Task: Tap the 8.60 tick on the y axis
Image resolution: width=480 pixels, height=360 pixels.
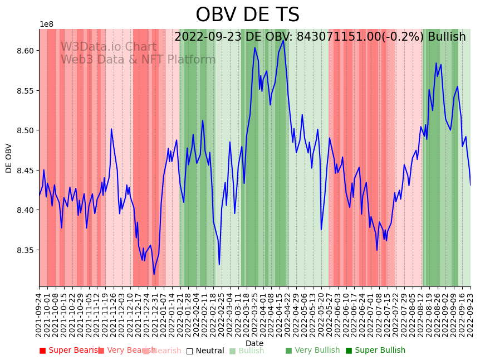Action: click(x=25, y=51)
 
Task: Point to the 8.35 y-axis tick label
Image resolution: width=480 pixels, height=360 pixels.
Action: click(x=25, y=250)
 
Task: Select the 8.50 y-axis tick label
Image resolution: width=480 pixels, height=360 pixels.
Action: click(x=25, y=130)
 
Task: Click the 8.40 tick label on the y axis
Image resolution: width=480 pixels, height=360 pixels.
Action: click(x=25, y=210)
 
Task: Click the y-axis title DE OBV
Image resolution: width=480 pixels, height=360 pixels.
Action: click(x=9, y=158)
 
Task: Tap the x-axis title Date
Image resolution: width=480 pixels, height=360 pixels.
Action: click(x=254, y=343)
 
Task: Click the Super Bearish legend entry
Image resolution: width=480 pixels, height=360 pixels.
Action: click(x=67, y=351)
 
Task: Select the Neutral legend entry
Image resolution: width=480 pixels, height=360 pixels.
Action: click(x=205, y=351)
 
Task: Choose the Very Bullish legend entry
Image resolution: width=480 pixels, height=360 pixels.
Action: click(x=312, y=351)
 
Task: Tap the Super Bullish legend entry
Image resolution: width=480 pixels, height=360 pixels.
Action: click(x=375, y=351)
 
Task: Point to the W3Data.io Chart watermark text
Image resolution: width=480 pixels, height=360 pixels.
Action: click(x=109, y=47)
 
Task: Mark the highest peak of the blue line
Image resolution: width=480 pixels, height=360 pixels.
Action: click(x=283, y=40)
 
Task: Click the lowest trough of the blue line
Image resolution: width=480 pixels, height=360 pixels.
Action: click(x=154, y=274)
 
